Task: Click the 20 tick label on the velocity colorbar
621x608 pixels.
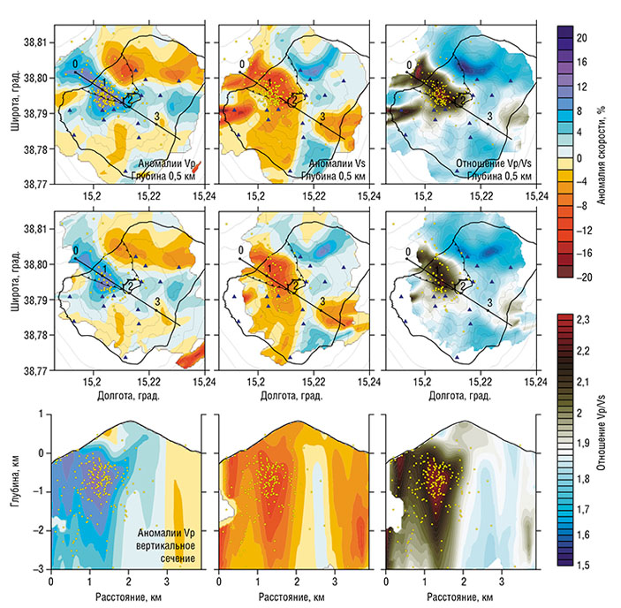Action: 583,38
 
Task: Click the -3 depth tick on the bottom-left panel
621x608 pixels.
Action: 40,568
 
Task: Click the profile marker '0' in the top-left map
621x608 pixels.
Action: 77,64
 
